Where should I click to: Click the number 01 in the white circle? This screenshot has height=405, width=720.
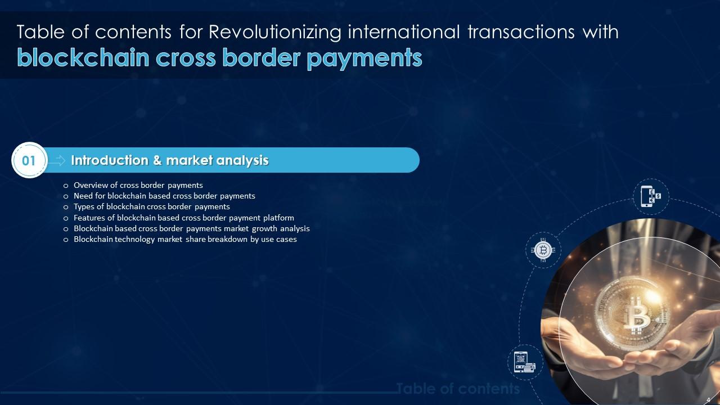[x=29, y=160]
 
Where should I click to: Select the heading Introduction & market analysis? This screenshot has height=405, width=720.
[x=169, y=160]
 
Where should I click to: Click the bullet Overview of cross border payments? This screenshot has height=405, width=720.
[x=138, y=185]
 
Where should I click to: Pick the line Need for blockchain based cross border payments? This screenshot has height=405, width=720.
[x=164, y=196]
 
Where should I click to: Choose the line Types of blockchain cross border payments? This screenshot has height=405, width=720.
[x=151, y=206]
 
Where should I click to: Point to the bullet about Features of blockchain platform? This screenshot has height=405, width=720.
[x=183, y=218]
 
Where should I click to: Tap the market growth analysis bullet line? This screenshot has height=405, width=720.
[x=191, y=228]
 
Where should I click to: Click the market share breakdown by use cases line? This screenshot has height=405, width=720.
[x=185, y=239]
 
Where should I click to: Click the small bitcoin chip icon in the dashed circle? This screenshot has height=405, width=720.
[x=543, y=250]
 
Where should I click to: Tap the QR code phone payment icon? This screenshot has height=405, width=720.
[x=524, y=362]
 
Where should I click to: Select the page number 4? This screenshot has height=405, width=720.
[x=708, y=399]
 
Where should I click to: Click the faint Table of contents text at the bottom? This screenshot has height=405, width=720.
[x=458, y=389]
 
